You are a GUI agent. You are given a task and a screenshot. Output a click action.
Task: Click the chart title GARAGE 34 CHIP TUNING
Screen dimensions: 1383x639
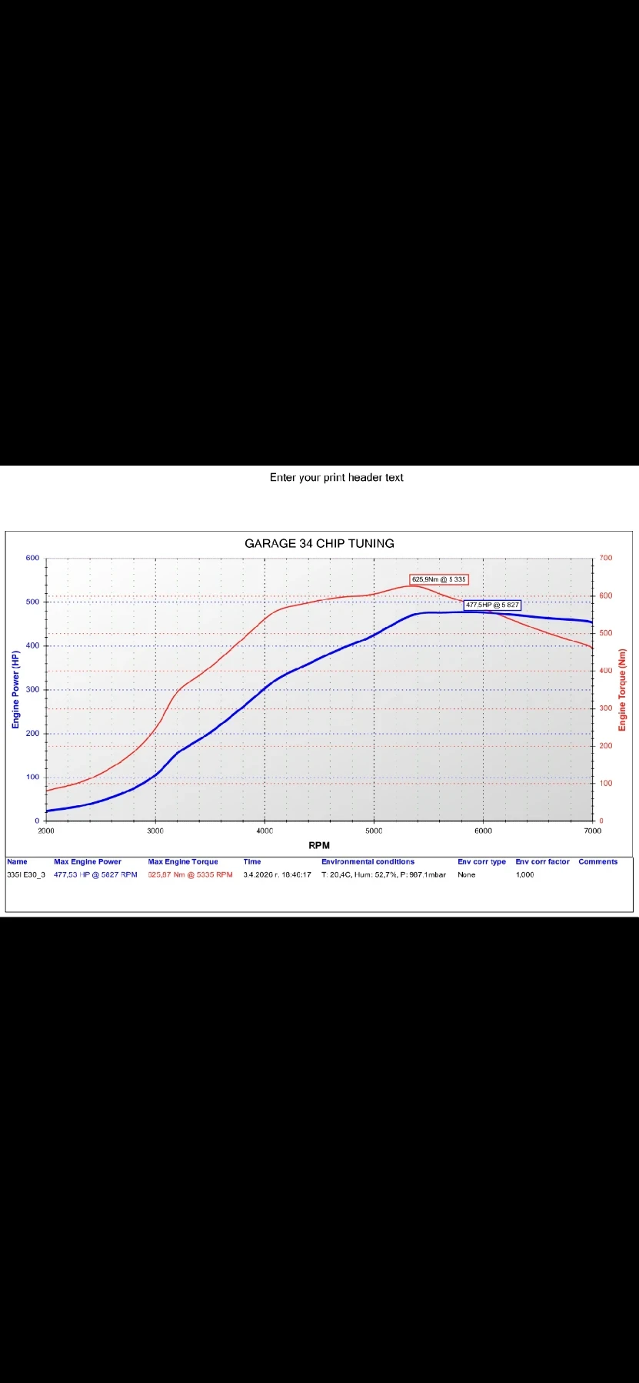coord(319,543)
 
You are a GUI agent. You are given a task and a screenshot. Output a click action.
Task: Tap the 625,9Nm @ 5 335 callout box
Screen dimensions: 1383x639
coord(438,579)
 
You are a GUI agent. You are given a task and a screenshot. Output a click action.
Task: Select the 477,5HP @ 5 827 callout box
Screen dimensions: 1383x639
coord(492,605)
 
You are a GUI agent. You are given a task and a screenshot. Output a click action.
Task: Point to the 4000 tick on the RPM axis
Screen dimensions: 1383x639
coord(265,831)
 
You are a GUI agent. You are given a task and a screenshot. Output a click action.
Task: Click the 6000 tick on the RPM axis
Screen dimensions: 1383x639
coord(483,831)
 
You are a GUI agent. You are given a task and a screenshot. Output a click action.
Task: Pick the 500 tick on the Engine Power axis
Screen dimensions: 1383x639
coord(32,602)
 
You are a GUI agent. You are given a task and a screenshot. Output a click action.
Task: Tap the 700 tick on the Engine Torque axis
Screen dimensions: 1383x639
coord(606,558)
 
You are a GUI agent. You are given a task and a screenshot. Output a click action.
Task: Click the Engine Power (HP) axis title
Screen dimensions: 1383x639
coord(15,689)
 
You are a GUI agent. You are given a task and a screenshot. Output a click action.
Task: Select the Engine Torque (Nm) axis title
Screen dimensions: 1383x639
coord(622,690)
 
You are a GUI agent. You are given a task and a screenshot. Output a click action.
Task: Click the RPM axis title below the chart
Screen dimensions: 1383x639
coord(319,845)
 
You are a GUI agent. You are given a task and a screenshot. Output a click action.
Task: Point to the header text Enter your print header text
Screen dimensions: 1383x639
coord(336,477)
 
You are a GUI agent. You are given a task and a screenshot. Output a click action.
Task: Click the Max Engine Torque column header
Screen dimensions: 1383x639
coord(183,861)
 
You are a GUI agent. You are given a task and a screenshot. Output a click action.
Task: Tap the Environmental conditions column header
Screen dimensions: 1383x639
coord(368,861)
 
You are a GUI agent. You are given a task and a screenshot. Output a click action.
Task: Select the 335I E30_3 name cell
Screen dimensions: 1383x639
coord(26,874)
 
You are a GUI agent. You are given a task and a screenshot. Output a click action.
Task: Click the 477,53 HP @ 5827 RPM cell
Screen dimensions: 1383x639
coord(95,874)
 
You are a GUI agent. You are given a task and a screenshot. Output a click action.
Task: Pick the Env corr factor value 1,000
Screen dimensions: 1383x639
coord(524,874)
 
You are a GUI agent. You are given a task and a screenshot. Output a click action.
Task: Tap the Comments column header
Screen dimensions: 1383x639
coord(598,861)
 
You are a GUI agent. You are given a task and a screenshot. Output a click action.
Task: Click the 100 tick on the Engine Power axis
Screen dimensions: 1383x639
coord(32,777)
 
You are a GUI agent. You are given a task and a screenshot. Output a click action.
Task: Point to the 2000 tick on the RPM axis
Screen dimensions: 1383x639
coord(46,831)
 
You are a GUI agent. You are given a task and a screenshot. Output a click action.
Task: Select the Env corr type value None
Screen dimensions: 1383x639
coord(467,874)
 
